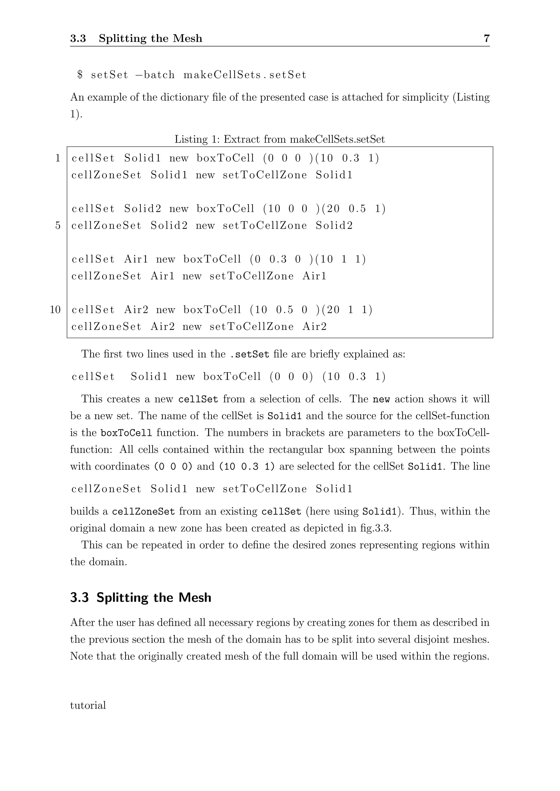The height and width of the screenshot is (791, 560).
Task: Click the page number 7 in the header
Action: coord(486,38)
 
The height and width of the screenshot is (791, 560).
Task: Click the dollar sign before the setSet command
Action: coord(80,75)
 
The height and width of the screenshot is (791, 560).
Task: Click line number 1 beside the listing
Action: coord(58,158)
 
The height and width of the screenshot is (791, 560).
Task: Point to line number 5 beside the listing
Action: coord(58,226)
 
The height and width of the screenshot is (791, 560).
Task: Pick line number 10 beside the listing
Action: coord(55,310)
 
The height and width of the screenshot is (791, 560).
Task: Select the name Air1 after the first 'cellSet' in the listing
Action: coord(136,259)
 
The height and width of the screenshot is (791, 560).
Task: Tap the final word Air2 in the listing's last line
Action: coord(314,327)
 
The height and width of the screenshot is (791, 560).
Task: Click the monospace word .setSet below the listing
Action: coord(249,355)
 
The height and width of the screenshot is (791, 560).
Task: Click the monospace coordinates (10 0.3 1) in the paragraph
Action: coord(247,467)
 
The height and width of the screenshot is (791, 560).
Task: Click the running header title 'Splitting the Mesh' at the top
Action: coord(150,38)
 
